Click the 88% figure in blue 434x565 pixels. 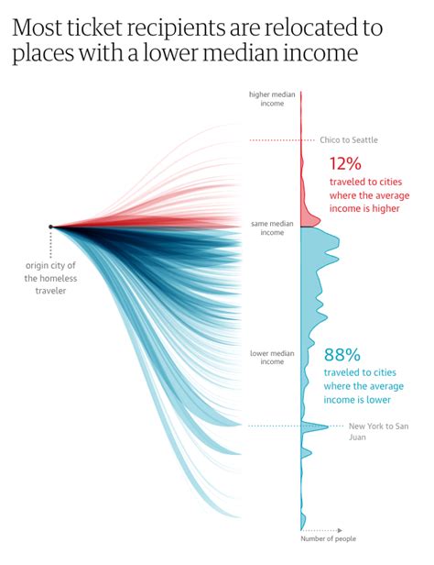click(342, 355)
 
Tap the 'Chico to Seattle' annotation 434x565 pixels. click(348, 140)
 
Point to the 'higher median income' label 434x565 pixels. click(273, 98)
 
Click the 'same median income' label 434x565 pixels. click(272, 227)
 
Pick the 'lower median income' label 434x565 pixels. click(272, 357)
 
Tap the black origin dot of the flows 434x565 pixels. click(51, 227)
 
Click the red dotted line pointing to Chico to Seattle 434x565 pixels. click(275, 140)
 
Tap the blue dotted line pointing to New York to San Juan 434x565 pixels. click(275, 426)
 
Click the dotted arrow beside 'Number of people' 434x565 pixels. click(316, 529)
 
